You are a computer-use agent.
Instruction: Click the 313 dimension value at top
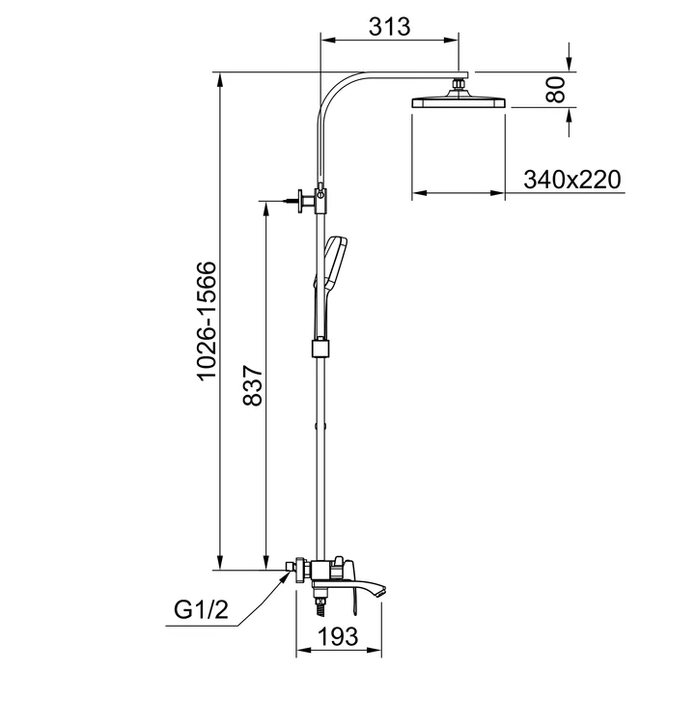coord(390,26)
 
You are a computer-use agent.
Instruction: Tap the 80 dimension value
coord(556,90)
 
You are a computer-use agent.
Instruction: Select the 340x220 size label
coord(572,180)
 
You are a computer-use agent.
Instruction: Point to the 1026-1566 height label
coord(207,321)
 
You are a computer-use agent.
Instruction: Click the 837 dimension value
coord(253,385)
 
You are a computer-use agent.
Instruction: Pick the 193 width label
coord(339,635)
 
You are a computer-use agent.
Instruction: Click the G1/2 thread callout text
coord(202,609)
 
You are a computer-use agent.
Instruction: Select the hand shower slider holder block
coord(320,349)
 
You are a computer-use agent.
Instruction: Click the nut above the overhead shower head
coord(459,84)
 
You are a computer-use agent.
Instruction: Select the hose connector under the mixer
coord(320,602)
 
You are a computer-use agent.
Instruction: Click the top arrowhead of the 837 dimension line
coord(265,209)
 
